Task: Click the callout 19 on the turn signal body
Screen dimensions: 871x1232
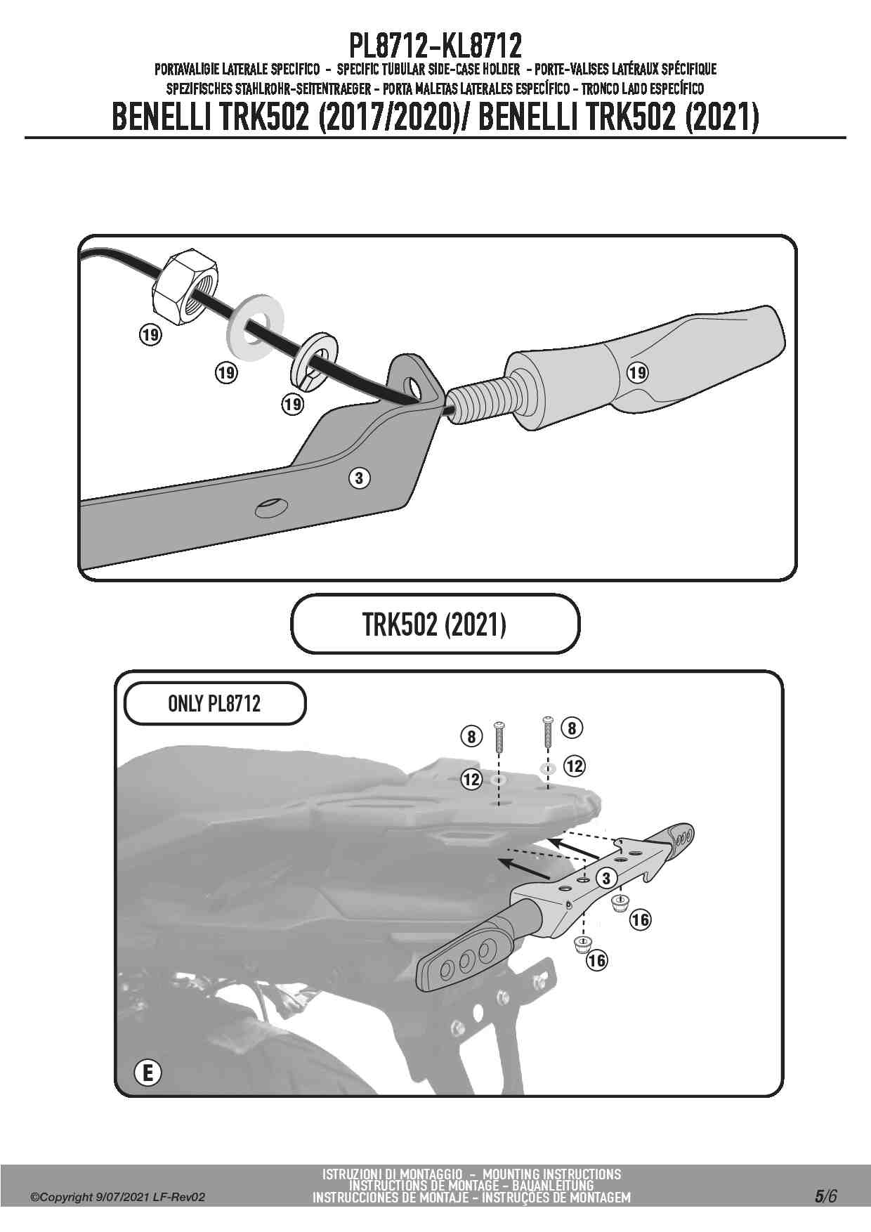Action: (638, 372)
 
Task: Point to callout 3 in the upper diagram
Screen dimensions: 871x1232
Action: (359, 478)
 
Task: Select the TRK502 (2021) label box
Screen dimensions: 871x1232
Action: (435, 624)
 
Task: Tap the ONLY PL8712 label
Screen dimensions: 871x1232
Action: (215, 704)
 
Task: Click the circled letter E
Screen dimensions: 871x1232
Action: (148, 1074)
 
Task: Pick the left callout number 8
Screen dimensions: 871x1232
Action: (472, 737)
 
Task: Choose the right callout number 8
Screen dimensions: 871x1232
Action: (572, 728)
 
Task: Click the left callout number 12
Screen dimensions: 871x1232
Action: (472, 779)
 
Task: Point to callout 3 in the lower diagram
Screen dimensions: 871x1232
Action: (606, 878)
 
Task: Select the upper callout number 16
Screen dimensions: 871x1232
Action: (641, 919)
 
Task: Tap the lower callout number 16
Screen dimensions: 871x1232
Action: (597, 960)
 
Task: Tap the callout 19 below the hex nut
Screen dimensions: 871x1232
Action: (150, 334)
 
